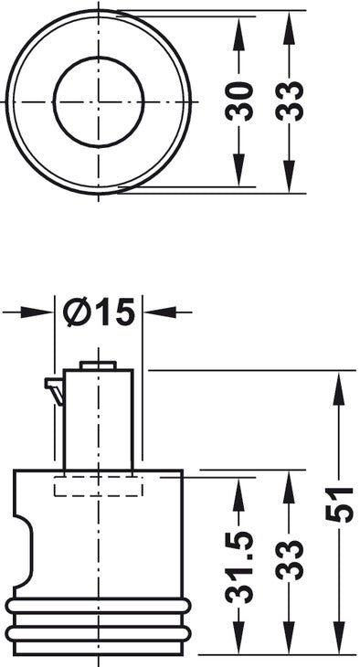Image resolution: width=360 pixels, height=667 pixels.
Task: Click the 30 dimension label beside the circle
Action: [x=239, y=101]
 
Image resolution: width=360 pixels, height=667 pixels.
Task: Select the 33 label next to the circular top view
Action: [x=289, y=101]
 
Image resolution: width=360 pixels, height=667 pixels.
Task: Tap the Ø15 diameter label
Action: [x=99, y=312]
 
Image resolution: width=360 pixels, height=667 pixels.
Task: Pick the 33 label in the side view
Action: [x=289, y=560]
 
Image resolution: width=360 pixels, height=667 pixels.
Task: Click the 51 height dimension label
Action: [x=339, y=504]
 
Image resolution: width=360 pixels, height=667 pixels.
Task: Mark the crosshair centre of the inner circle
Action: [x=99, y=102]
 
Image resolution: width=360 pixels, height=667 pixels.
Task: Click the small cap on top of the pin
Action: [x=98, y=365]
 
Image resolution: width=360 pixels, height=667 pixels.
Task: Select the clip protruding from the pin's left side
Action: [x=55, y=389]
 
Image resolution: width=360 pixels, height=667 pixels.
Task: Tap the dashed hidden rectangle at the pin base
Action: [x=99, y=486]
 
